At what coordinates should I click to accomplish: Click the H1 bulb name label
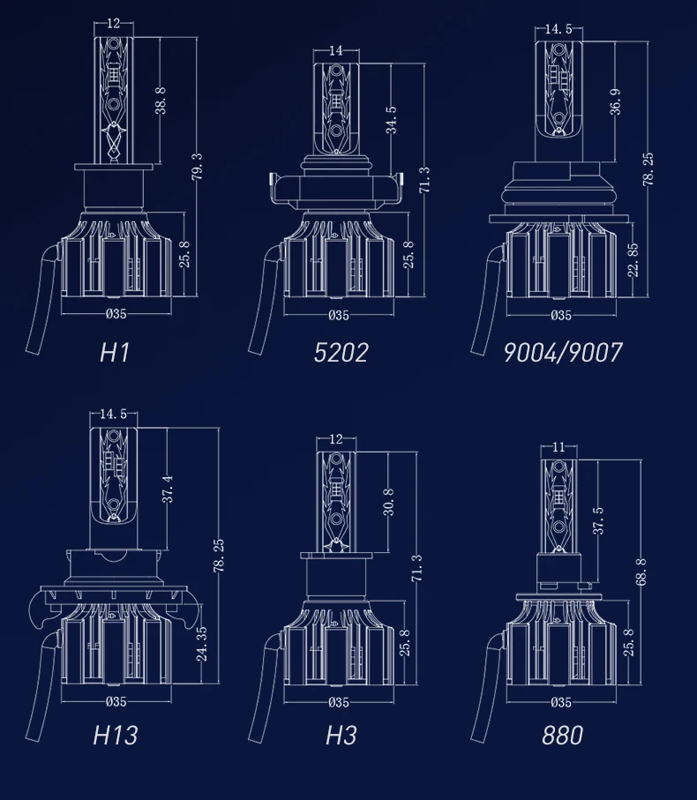pyautogui.click(x=115, y=353)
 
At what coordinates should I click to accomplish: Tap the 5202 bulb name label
pyautogui.click(x=341, y=353)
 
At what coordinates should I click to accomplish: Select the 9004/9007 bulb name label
pyautogui.click(x=563, y=353)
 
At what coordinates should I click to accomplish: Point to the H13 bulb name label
pyautogui.click(x=116, y=736)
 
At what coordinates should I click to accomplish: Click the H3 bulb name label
pyautogui.click(x=341, y=736)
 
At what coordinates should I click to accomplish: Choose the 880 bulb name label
pyautogui.click(x=562, y=736)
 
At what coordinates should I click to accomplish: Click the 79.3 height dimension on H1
pyautogui.click(x=198, y=167)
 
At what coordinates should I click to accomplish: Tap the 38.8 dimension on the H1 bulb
pyautogui.click(x=161, y=100)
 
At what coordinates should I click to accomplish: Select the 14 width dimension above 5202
pyautogui.click(x=336, y=50)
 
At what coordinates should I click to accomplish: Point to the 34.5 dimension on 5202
pyautogui.click(x=392, y=121)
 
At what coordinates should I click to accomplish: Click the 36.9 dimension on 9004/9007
pyautogui.click(x=615, y=101)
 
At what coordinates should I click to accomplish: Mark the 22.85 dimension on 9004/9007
pyautogui.click(x=633, y=260)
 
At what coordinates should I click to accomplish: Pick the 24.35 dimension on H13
pyautogui.click(x=202, y=644)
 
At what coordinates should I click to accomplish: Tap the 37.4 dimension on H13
pyautogui.click(x=168, y=489)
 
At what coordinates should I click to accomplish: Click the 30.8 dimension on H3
pyautogui.click(x=388, y=502)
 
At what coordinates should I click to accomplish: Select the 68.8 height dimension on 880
pyautogui.click(x=641, y=572)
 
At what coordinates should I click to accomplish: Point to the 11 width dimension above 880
pyautogui.click(x=558, y=447)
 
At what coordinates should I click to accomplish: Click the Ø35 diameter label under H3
pyautogui.click(x=339, y=703)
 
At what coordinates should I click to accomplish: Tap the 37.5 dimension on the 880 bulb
pyautogui.click(x=598, y=521)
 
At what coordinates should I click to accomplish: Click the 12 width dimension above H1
pyautogui.click(x=113, y=24)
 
